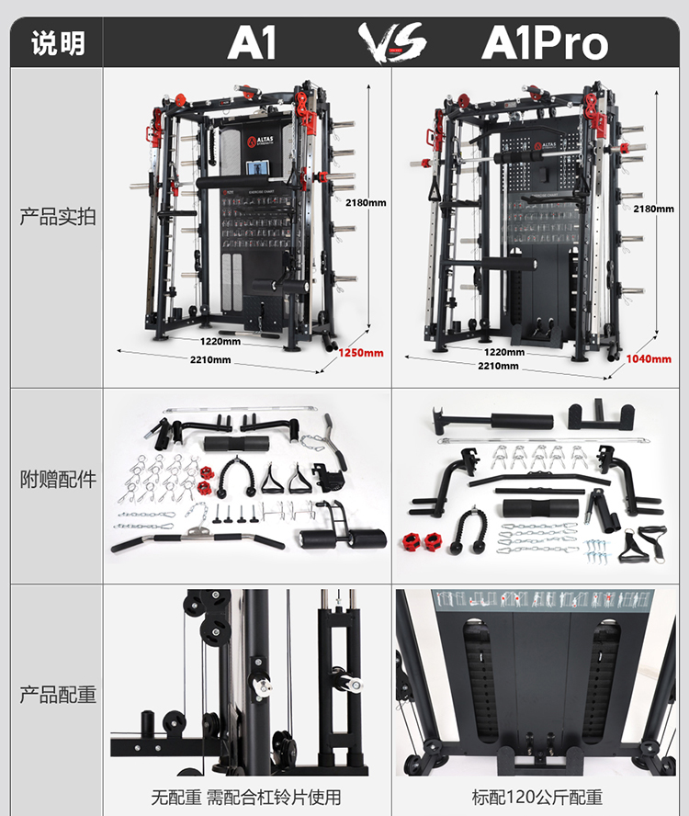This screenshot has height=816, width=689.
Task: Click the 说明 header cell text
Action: point(57,43)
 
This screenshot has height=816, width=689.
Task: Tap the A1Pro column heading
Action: point(544,43)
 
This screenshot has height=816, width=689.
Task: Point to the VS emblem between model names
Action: point(392,41)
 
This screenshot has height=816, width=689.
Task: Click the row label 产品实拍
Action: point(57,218)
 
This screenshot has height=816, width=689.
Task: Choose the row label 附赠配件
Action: point(57,479)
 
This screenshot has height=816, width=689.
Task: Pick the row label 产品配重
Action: point(57,695)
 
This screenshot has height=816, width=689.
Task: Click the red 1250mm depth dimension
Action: point(360,352)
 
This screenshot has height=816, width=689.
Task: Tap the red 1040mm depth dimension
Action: point(647,358)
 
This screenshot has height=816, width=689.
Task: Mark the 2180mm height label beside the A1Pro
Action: point(653,209)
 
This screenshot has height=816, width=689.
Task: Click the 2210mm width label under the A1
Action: point(211,359)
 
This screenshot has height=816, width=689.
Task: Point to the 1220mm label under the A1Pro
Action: point(504,351)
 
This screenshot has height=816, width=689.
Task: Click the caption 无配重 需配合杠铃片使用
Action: point(246,797)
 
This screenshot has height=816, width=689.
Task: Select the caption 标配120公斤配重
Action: point(537,797)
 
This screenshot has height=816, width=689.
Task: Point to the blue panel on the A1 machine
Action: point(259,170)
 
